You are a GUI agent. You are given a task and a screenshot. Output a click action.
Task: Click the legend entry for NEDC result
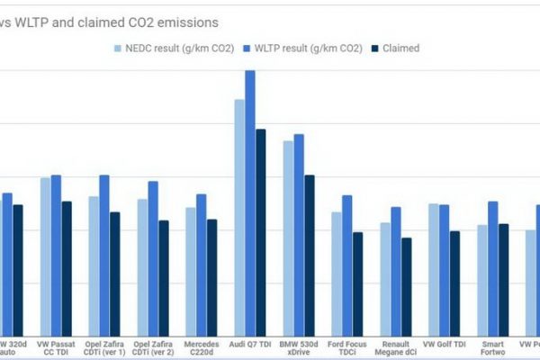coord(170,48)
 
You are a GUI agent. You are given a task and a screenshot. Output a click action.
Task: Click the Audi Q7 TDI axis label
coord(250,344)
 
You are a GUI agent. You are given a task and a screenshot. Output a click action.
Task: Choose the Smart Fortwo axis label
coord(493,348)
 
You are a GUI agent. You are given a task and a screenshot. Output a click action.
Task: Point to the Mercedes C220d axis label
coord(202,348)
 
